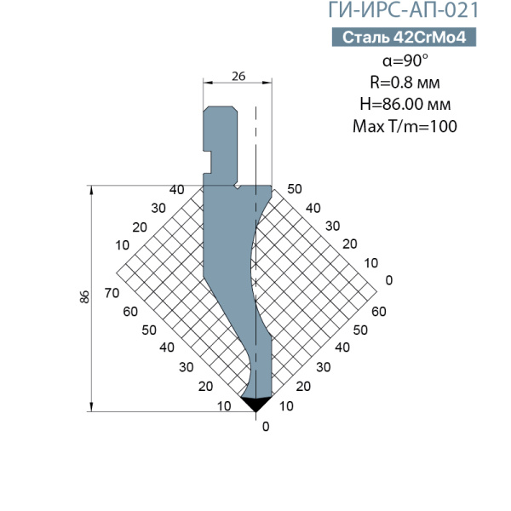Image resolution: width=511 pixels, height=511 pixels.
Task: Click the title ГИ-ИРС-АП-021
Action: point(403,9)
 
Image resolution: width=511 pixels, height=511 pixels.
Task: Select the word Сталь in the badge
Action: point(366,37)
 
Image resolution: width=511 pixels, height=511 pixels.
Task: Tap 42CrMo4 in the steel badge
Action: point(430,37)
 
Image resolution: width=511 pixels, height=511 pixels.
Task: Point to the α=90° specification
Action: point(405,60)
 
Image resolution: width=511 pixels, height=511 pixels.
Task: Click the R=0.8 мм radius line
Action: point(405,83)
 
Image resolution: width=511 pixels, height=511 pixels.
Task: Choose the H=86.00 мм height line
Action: point(405,104)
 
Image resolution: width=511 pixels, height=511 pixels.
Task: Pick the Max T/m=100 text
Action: point(405,126)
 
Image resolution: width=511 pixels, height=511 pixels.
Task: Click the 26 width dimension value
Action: point(238,77)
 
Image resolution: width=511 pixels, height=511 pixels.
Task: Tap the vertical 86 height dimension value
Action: point(84,296)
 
